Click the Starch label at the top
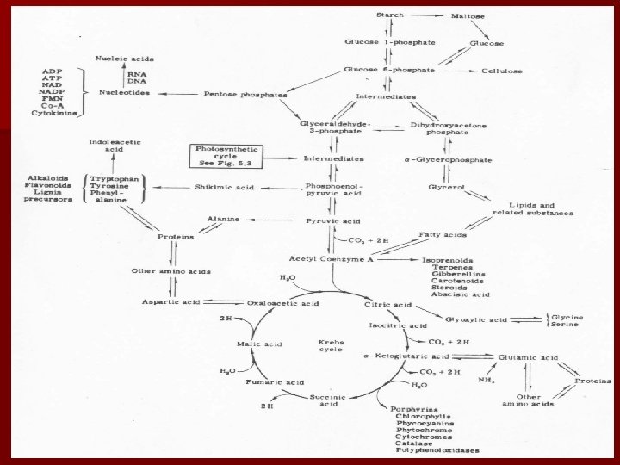pyautogui.click(x=390, y=15)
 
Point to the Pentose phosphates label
pyautogui.click(x=233, y=93)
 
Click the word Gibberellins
pyautogui.click(x=449, y=274)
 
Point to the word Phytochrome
pyautogui.click(x=424, y=431)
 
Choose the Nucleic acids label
pyautogui.click(x=124, y=59)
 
